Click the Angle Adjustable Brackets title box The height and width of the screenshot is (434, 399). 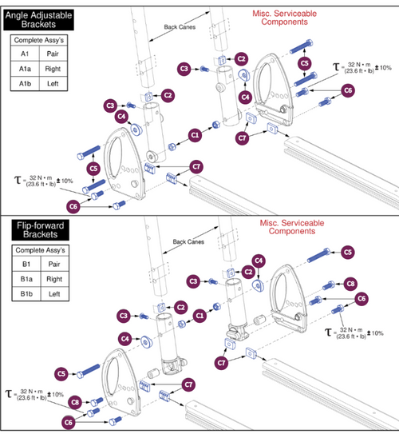(38, 18)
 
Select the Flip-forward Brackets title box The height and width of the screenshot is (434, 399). (37, 233)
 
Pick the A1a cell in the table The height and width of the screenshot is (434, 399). (25, 70)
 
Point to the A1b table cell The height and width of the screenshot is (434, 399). (25, 83)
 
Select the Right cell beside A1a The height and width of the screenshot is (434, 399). (53, 70)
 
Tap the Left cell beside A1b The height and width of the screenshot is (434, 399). (53, 83)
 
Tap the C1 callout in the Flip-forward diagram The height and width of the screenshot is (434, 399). (201, 317)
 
